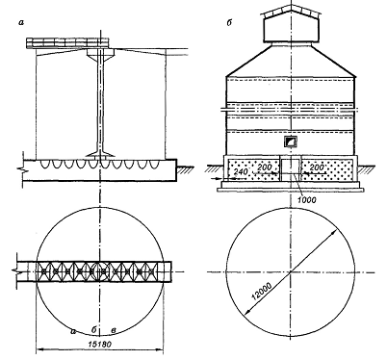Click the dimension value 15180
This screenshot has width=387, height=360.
point(99,345)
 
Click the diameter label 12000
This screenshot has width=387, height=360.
point(262,291)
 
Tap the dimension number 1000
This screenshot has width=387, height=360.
point(307,200)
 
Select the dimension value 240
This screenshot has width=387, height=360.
point(241,172)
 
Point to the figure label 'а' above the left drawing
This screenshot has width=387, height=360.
point(21,22)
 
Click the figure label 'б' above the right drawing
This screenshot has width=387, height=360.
point(230,22)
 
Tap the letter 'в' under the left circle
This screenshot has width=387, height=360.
point(114,330)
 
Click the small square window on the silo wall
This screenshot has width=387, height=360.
point(291,141)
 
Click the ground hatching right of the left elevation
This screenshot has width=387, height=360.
point(184,169)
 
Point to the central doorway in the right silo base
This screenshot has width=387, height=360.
point(291,168)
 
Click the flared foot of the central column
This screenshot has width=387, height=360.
point(101,153)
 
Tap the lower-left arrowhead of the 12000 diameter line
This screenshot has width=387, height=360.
point(247,312)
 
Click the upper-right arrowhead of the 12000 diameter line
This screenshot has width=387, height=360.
point(334,232)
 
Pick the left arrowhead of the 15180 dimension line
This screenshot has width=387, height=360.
point(39,349)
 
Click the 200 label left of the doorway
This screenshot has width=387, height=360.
point(264,167)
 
